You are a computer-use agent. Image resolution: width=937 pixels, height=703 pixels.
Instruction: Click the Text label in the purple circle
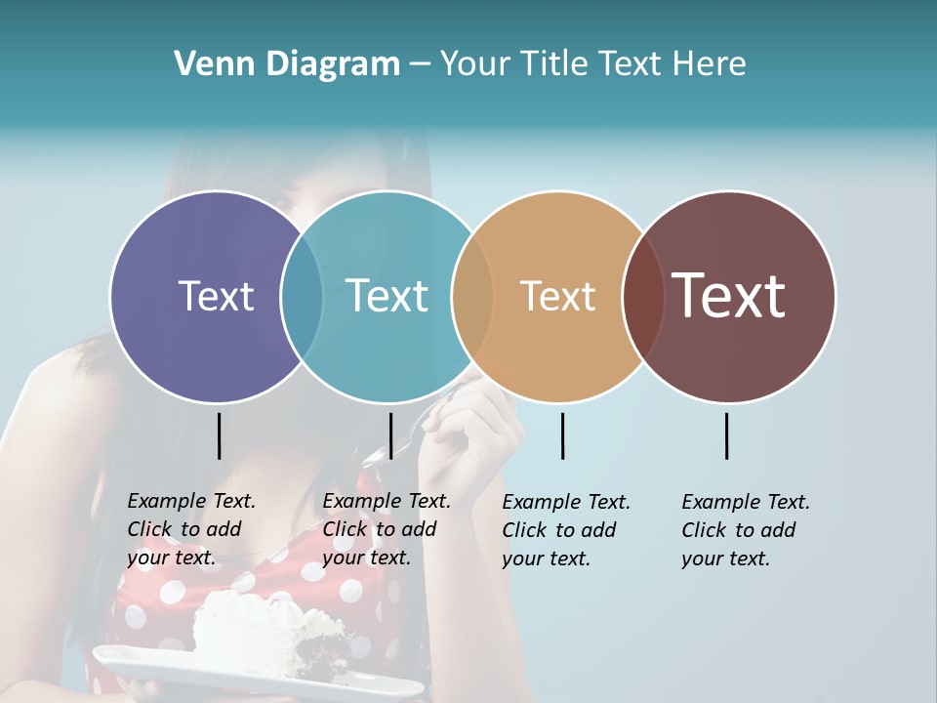click(x=216, y=296)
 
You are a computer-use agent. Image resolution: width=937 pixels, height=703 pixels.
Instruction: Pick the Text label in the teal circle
click(x=387, y=296)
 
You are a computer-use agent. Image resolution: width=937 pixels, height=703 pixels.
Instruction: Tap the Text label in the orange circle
click(x=557, y=296)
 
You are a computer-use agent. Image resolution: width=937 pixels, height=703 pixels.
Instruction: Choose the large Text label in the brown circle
click(x=728, y=295)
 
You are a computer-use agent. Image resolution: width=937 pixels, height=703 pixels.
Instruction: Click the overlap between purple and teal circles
click(x=302, y=297)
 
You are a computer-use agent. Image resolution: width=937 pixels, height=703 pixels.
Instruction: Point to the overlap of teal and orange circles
click(x=472, y=297)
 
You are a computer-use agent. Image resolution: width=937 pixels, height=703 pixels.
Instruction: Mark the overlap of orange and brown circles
click(x=643, y=297)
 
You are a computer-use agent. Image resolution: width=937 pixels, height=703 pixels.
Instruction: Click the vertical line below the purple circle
click(x=219, y=435)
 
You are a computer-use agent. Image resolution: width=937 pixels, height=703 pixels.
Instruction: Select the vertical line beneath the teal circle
click(x=390, y=435)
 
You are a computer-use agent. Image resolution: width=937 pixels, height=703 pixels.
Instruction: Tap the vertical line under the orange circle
click(x=562, y=435)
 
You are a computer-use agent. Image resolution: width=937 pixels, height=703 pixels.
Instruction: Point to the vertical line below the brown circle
click(x=726, y=435)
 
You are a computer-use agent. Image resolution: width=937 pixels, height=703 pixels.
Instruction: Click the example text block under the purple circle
click(x=190, y=529)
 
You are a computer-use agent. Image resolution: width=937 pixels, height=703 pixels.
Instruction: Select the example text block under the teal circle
click(x=386, y=529)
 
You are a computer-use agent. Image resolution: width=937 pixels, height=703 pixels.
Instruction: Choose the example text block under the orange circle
click(x=565, y=530)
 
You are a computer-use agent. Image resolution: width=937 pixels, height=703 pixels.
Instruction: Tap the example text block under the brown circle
click(x=745, y=530)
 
